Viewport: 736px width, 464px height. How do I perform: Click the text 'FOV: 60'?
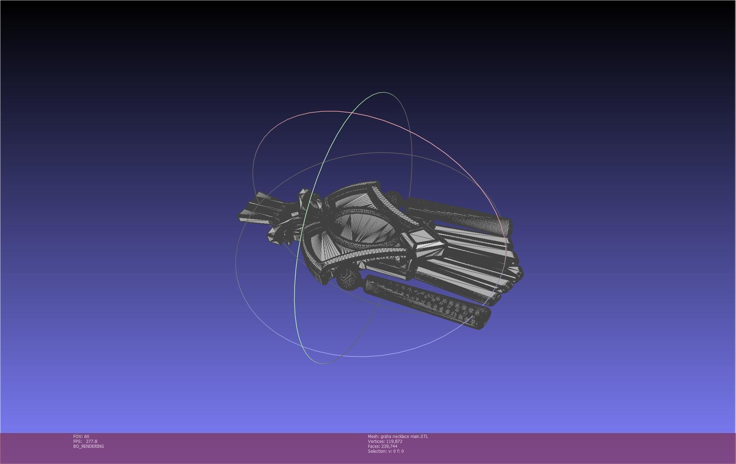click(81, 437)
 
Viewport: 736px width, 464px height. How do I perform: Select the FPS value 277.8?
click(91, 442)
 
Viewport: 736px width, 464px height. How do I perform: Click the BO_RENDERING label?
click(88, 446)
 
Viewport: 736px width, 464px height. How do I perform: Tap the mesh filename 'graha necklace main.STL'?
click(404, 437)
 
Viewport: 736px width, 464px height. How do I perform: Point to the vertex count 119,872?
click(394, 442)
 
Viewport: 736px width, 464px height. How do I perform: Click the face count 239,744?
click(389, 446)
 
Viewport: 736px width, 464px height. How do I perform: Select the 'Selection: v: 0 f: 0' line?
click(386, 451)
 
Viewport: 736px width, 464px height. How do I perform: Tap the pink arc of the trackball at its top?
click(330, 111)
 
